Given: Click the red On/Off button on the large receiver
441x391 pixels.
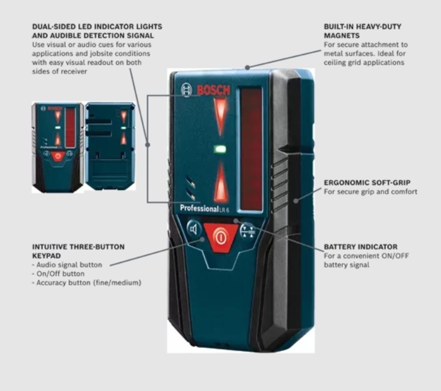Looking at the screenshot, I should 221,237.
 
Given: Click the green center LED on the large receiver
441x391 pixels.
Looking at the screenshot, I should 220,149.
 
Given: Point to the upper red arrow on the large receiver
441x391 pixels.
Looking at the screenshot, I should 220,114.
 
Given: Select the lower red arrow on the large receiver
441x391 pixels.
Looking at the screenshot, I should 221,183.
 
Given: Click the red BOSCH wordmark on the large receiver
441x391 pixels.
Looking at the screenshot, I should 213,90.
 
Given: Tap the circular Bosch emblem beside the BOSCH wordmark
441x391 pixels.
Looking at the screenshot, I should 186,90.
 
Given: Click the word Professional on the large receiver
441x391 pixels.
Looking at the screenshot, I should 199,208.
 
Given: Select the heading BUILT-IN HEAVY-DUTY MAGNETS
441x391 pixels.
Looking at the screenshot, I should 363,31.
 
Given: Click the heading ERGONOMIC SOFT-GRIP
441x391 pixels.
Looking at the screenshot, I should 367,183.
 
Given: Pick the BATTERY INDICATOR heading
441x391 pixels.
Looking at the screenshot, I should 360,247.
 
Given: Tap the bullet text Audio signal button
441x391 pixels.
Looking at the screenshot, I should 69,265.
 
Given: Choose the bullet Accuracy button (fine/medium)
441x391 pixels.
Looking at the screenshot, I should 88,283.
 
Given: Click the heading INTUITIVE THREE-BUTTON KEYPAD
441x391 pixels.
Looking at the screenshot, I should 78,251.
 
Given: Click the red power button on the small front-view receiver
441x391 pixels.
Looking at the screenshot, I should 58,156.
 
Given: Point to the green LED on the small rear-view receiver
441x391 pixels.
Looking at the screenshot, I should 124,128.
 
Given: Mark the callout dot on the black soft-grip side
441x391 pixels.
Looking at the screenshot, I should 295,200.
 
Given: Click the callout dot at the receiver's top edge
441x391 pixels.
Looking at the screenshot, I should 247,67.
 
